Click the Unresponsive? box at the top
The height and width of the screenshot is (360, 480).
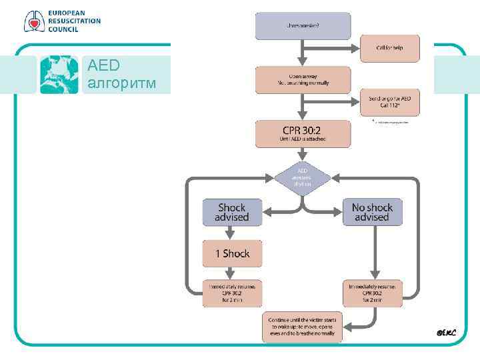click(x=302, y=26)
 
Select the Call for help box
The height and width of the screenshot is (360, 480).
click(x=390, y=48)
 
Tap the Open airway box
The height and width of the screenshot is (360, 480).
click(x=302, y=79)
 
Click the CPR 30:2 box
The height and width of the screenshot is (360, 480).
click(x=302, y=133)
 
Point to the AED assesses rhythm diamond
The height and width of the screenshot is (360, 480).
click(x=302, y=177)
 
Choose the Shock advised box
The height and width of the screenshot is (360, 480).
click(x=231, y=212)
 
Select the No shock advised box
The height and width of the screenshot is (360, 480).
click(x=372, y=212)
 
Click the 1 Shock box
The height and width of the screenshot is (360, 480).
click(x=231, y=253)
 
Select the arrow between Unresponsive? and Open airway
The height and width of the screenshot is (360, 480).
click(x=302, y=54)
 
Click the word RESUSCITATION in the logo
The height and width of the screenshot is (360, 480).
click(x=73, y=21)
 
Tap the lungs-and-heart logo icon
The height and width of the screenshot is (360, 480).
click(x=33, y=21)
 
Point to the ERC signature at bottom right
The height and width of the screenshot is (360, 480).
click(x=445, y=331)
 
